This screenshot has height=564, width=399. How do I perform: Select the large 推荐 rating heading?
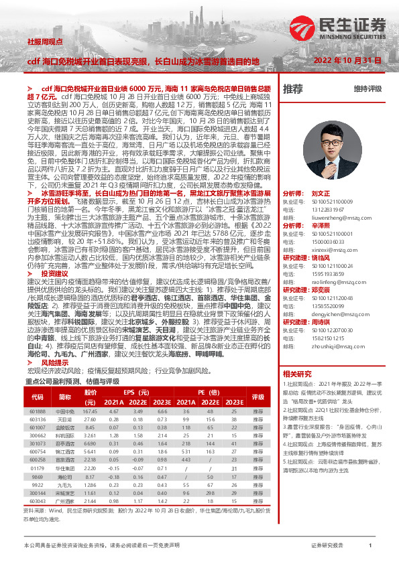(x=293, y=89)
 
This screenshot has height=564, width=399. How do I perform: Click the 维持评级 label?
(x=367, y=89)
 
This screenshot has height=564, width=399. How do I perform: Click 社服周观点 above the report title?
(x=44, y=41)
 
